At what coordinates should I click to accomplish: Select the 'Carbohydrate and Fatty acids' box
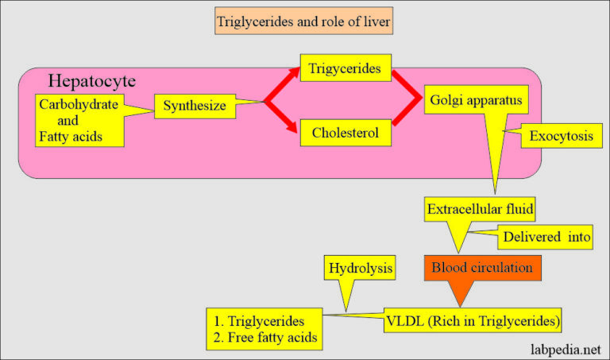pyautogui.click(x=79, y=122)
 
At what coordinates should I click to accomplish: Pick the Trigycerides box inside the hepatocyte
pyautogui.click(x=346, y=70)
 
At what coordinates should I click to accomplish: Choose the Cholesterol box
pyautogui.click(x=346, y=133)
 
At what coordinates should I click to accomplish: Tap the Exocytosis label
pyautogui.click(x=561, y=137)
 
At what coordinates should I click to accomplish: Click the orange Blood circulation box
pyautogui.click(x=482, y=268)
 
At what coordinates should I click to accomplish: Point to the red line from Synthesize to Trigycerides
pyautogui.click(x=282, y=86)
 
